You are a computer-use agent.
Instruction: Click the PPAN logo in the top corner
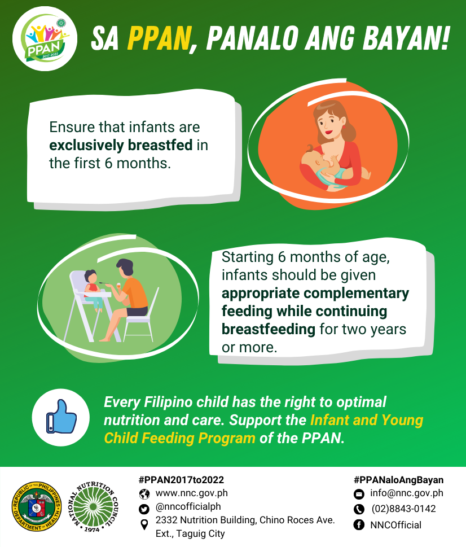click(x=43, y=43)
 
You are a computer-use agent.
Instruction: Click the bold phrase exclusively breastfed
click(x=121, y=146)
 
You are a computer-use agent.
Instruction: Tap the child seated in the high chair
click(x=93, y=288)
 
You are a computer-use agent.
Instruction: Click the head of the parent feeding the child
click(x=125, y=268)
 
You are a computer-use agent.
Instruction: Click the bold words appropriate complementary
click(x=315, y=294)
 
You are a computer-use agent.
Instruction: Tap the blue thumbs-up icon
click(x=61, y=417)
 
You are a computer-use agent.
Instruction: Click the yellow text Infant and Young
click(x=366, y=420)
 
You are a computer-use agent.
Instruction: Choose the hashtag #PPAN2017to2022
click(x=181, y=480)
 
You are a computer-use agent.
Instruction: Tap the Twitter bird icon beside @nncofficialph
click(x=144, y=507)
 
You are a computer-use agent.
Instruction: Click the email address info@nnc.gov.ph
click(x=406, y=493)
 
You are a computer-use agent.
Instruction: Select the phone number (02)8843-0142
click(x=403, y=509)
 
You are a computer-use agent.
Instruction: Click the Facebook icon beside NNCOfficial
click(x=359, y=525)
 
